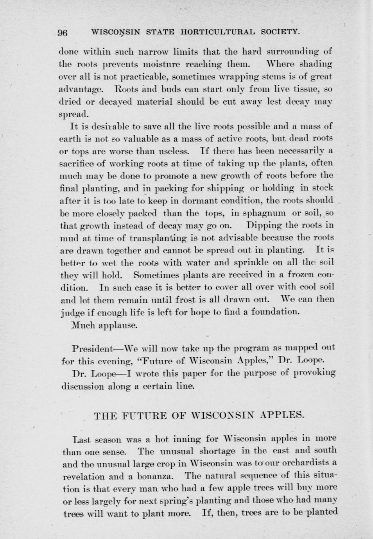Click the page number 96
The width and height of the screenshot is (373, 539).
click(63, 32)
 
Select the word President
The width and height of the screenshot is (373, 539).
click(93, 348)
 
